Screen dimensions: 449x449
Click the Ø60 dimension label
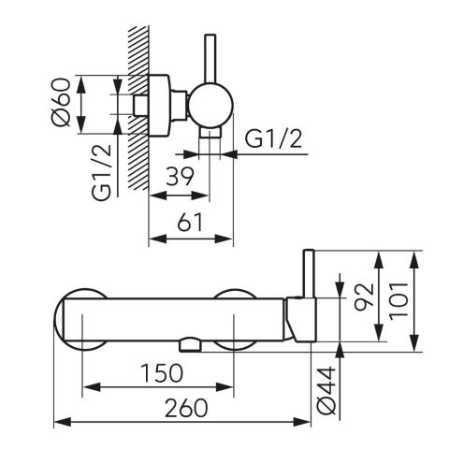pos(61,102)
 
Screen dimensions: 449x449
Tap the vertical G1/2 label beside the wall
pos(101,172)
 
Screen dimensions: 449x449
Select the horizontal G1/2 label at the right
pos(273,138)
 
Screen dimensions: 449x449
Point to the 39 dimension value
pos(180,177)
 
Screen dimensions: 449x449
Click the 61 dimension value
pos(190,223)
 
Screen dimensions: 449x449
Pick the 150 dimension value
pos(162,373)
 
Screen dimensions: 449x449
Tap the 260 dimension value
pos(186,408)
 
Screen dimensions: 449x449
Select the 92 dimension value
pos(364,297)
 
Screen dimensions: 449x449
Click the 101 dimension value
pos(398,301)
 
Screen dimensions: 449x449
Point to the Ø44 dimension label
pos(326,391)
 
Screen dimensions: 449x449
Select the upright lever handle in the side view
pos(210,59)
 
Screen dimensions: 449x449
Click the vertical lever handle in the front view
pos(309,273)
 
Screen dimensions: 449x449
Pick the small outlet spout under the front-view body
pos(190,345)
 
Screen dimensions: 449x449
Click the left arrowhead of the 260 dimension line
pos(63,422)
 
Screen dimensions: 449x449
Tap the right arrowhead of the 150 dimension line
pos(224,387)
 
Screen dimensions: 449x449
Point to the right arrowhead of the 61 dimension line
pos(224,239)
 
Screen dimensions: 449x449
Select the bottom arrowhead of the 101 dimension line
pos(413,343)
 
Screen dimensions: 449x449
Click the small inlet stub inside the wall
pos(141,106)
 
